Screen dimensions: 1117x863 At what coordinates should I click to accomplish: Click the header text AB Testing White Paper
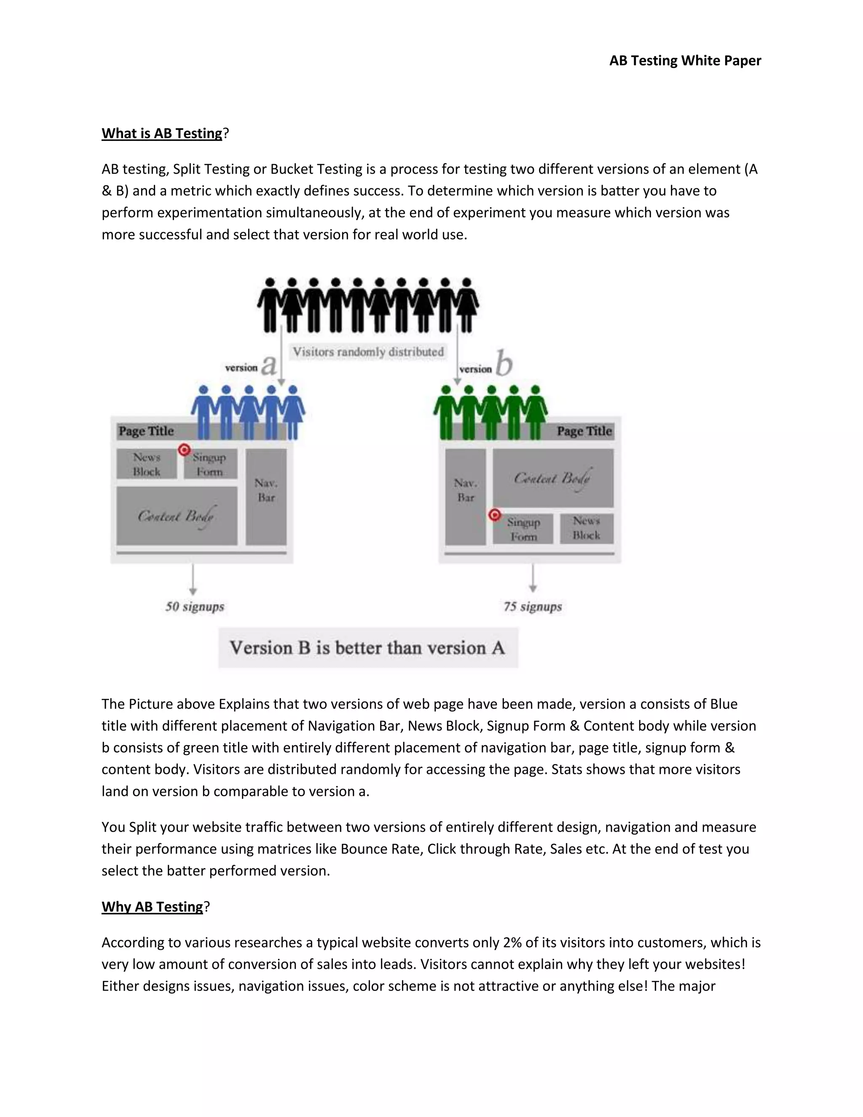pyautogui.click(x=685, y=61)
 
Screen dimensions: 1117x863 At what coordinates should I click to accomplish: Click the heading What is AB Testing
pyautogui.click(x=161, y=134)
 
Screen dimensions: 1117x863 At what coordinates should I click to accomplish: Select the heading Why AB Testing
pyautogui.click(x=153, y=907)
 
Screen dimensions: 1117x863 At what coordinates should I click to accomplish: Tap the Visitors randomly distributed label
pyautogui.click(x=368, y=352)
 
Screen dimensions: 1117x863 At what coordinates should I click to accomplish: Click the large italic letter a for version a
pyautogui.click(x=269, y=365)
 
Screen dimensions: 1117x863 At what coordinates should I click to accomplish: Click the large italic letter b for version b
pyautogui.click(x=504, y=364)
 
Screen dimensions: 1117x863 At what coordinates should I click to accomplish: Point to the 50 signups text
pyautogui.click(x=195, y=607)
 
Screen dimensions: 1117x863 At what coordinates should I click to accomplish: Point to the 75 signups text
pyautogui.click(x=533, y=607)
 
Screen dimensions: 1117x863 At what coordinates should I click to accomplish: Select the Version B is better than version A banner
pyautogui.click(x=368, y=648)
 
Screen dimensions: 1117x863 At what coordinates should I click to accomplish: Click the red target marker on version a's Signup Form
pyautogui.click(x=185, y=450)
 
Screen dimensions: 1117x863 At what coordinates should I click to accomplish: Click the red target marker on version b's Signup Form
pyautogui.click(x=494, y=515)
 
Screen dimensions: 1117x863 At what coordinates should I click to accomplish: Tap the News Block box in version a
pyautogui.click(x=147, y=465)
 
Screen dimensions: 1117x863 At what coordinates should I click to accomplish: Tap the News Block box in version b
pyautogui.click(x=587, y=528)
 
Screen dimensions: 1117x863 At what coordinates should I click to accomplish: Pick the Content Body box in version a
pyautogui.click(x=177, y=516)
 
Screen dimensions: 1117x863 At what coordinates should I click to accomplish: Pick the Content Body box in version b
pyautogui.click(x=553, y=478)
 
